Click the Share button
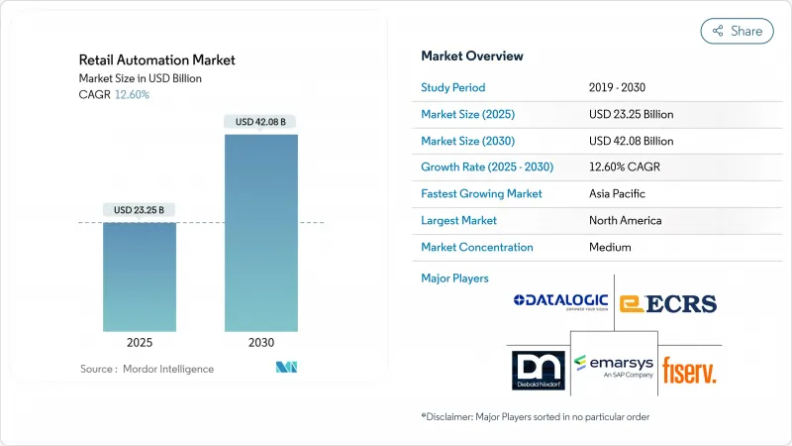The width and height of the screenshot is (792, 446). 737,31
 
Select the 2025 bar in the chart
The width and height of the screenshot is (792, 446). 140,277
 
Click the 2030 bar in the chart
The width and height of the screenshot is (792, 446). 261,233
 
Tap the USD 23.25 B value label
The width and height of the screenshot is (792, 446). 140,210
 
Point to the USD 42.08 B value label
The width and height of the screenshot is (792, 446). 261,122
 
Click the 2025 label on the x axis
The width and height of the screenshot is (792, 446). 140,342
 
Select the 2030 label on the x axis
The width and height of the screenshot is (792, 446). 261,342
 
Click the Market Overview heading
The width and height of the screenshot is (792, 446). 472,56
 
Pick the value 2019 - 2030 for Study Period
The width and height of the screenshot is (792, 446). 616,87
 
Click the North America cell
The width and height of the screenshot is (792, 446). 625,220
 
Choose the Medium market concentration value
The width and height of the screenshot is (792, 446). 609,247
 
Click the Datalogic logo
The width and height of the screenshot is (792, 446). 559,301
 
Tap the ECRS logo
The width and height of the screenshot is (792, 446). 667,302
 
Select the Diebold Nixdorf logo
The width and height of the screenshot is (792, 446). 538,369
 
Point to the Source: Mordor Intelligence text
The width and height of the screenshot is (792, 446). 148,369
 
